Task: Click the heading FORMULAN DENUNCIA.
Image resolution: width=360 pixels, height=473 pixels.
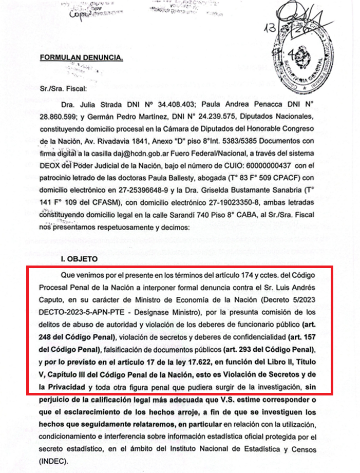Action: pos(82,58)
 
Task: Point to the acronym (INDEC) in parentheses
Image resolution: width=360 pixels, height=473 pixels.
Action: pos(54,460)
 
